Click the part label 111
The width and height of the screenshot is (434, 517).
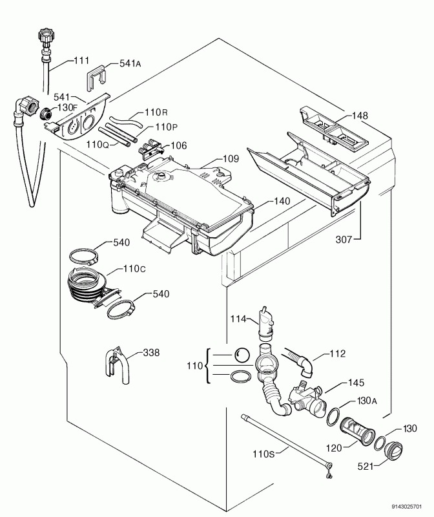click(81, 61)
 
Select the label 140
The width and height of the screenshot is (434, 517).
click(282, 201)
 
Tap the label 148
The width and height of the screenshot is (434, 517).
click(360, 116)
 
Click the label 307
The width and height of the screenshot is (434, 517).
click(345, 240)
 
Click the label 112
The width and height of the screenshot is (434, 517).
click(337, 353)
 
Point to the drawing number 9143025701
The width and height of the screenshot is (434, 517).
click(409, 507)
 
